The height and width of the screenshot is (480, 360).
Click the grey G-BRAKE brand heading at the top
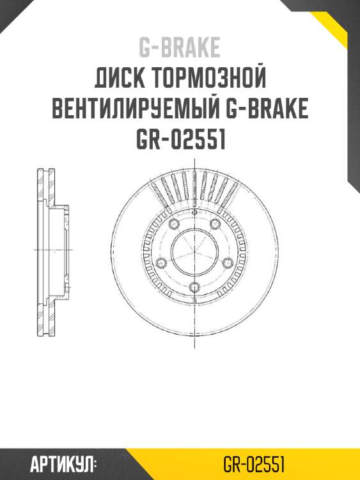pos(180,47)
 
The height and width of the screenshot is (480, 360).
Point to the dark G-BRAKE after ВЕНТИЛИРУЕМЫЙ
pos(267,109)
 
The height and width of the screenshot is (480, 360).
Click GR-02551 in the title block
pos(180,140)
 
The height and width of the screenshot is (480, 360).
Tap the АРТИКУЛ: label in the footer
pos(63,463)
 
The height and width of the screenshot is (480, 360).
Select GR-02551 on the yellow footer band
pos(254,463)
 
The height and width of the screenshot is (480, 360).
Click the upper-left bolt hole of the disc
pos(172,223)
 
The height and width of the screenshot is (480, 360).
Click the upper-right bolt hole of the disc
pos(215,223)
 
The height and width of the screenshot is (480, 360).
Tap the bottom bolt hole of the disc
pos(194,286)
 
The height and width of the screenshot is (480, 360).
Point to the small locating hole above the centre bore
pos(194,218)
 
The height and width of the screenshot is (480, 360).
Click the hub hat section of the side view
pos(64,250)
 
